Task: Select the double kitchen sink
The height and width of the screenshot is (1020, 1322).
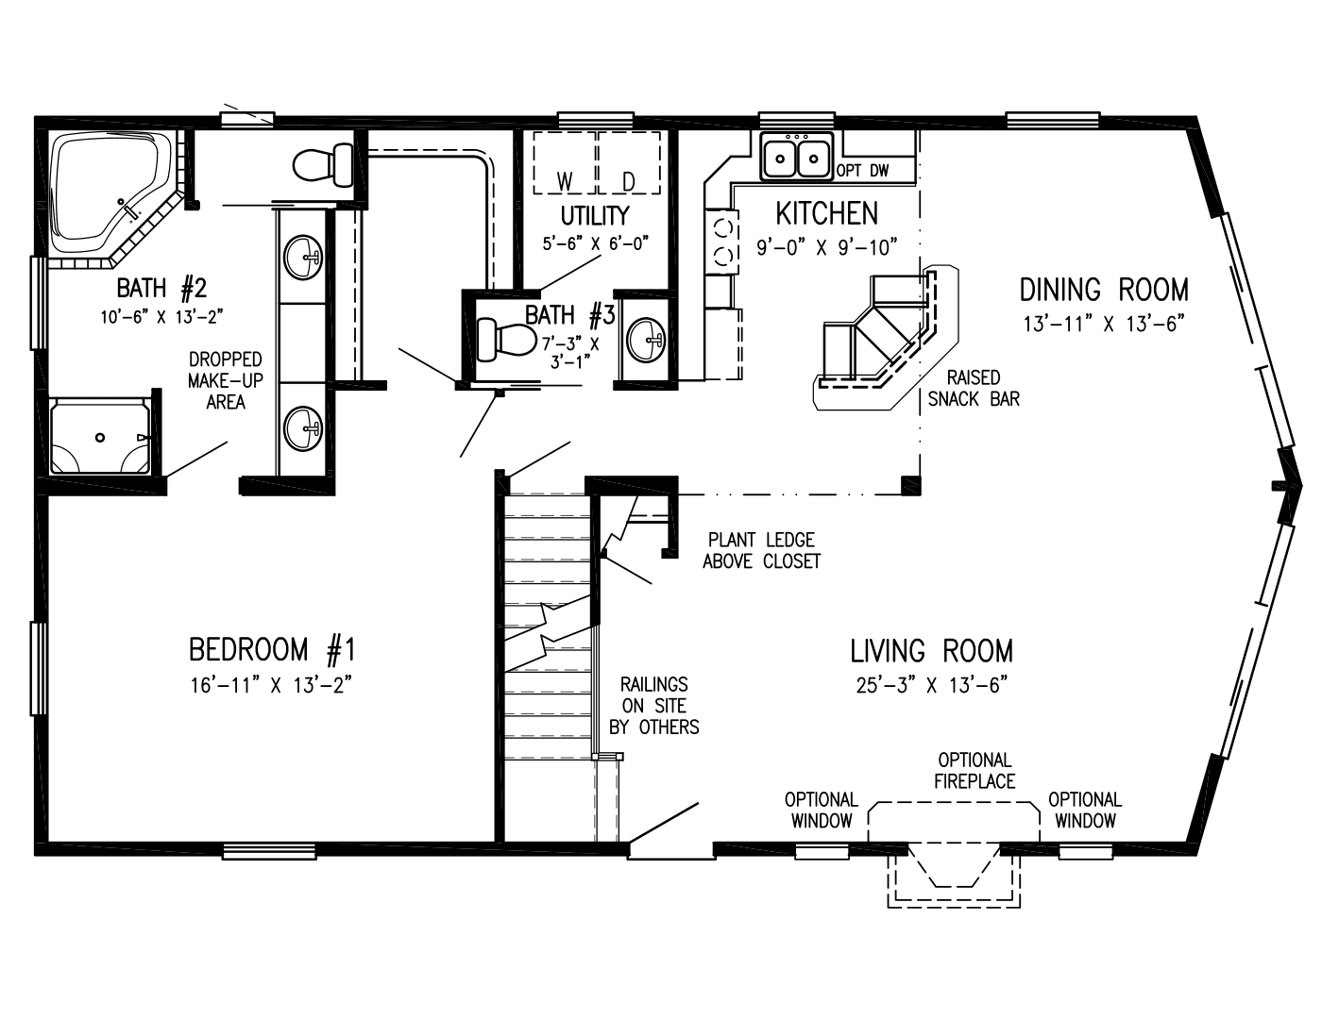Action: [x=796, y=157]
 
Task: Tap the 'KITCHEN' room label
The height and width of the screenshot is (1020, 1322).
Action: [x=826, y=213]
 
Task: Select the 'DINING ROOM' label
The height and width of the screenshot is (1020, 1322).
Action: [x=1103, y=289]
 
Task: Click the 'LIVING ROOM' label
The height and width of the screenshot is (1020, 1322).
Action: [x=931, y=651]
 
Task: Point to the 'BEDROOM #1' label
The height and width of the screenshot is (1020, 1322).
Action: [x=271, y=650]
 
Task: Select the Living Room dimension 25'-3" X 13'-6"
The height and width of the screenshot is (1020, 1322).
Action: [x=931, y=686]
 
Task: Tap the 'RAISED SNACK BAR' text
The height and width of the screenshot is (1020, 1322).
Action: [x=974, y=389]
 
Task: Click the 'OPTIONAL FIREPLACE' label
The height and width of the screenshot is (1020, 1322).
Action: [x=975, y=770]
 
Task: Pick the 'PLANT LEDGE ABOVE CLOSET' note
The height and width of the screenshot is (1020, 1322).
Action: [x=761, y=550]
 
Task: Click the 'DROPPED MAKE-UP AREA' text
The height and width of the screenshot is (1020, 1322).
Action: [x=225, y=380]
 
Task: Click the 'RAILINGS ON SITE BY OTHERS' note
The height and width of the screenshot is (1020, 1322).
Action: [x=653, y=705]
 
